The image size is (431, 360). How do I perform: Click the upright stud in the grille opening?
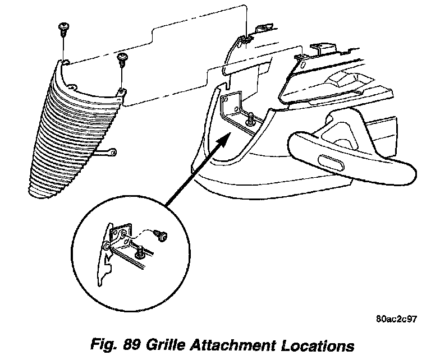[x=251, y=118]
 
